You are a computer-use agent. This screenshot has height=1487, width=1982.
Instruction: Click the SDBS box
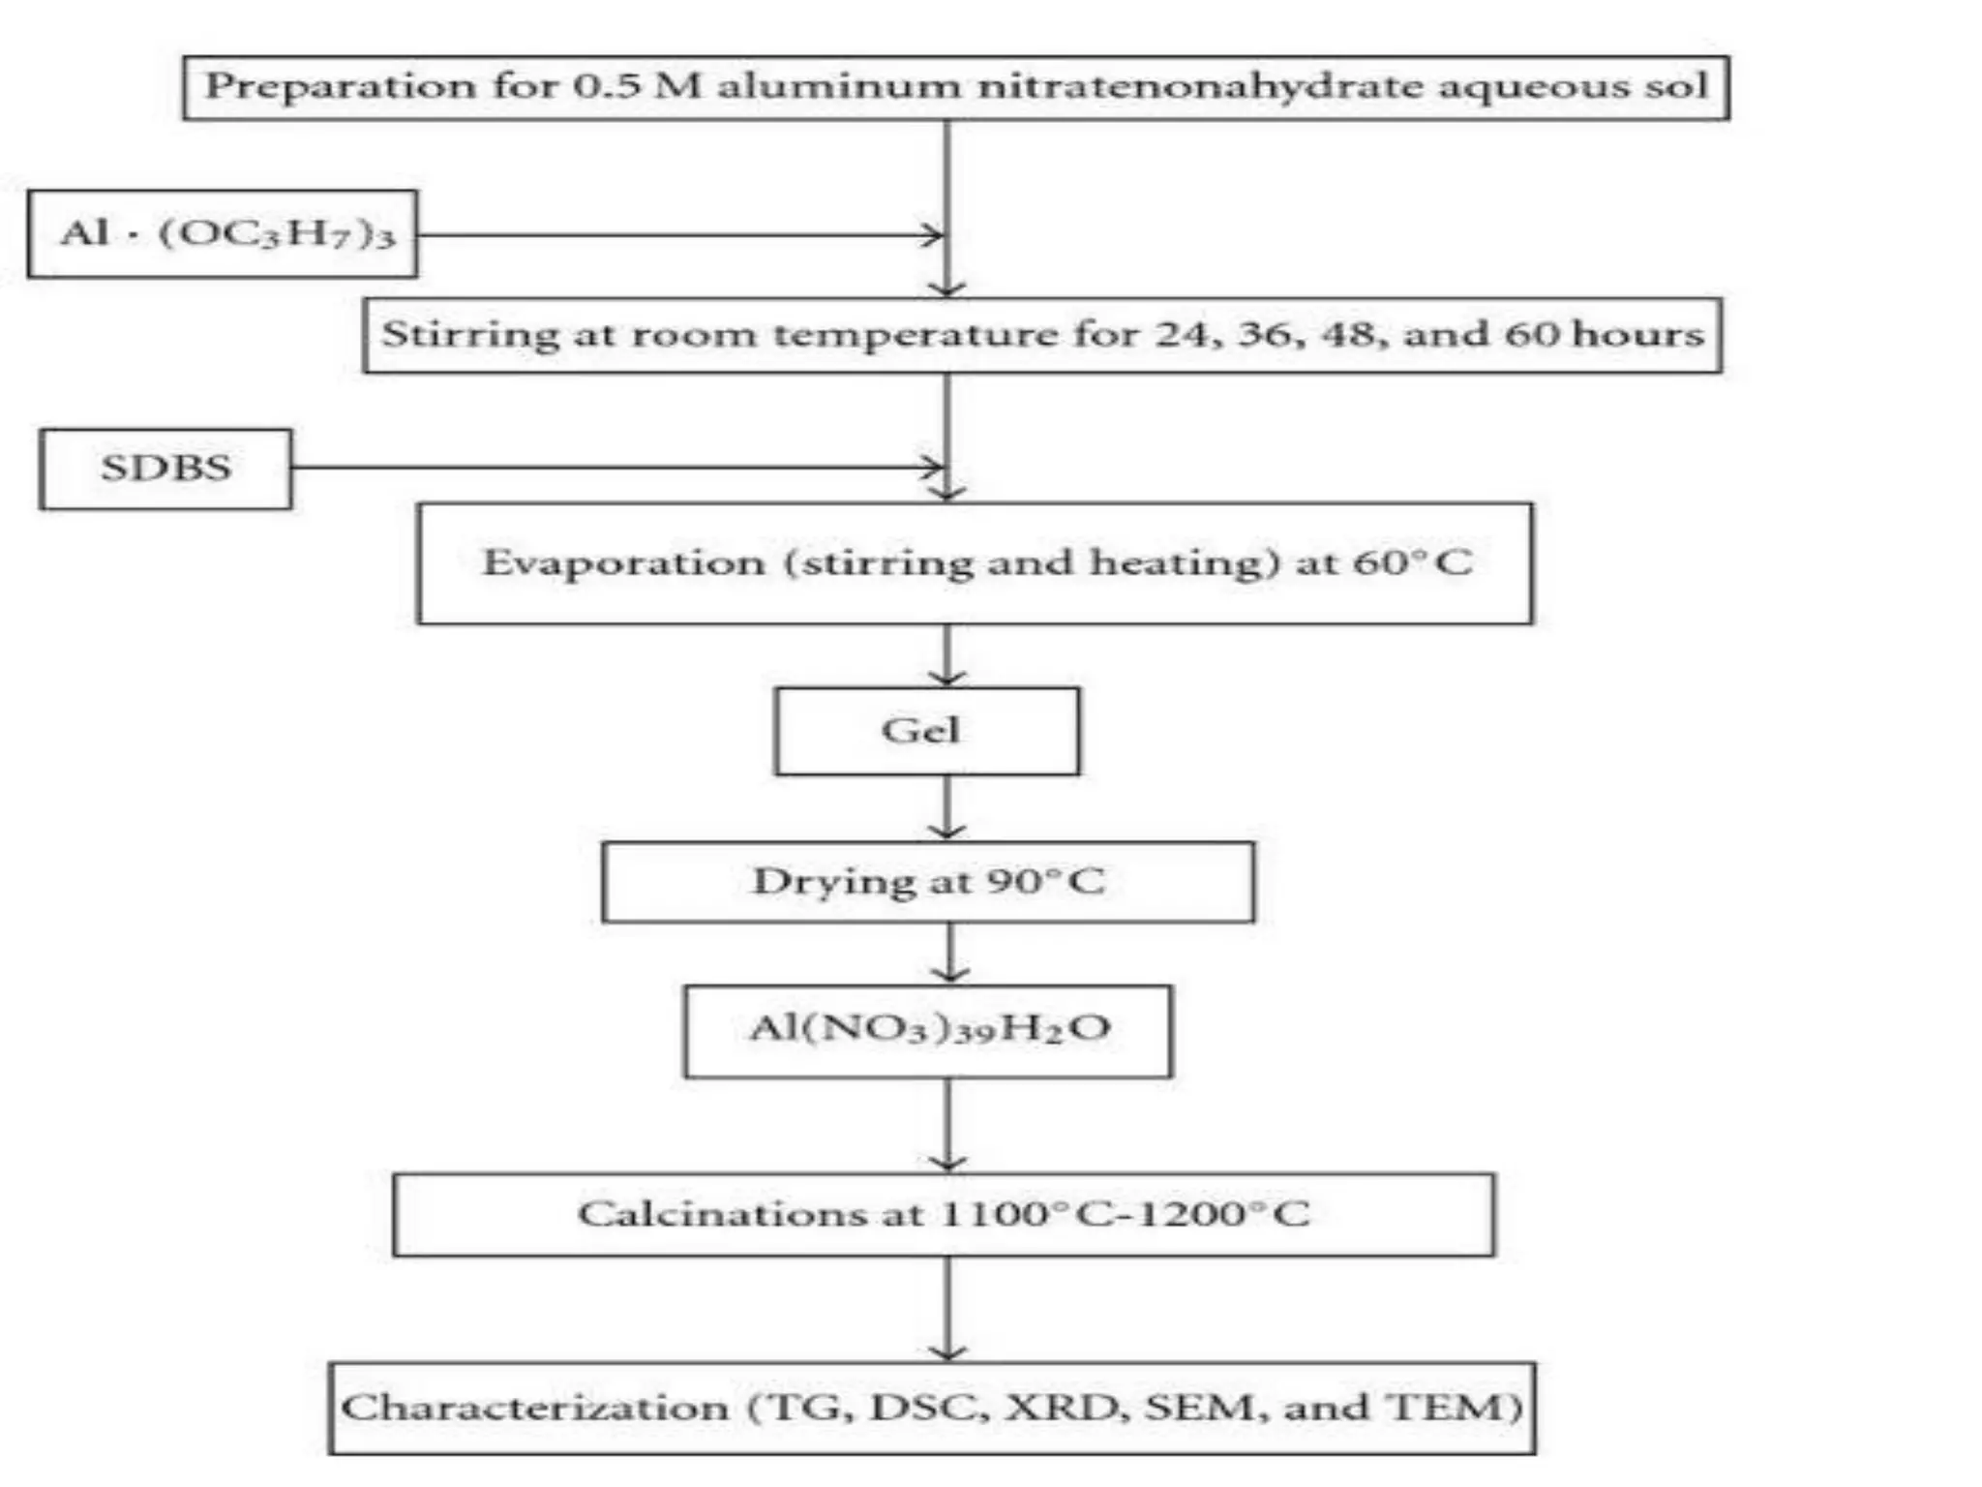pyautogui.click(x=165, y=469)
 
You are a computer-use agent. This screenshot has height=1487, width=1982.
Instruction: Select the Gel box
pyautogui.click(x=926, y=731)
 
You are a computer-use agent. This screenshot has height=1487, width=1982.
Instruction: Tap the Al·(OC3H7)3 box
pyautogui.click(x=223, y=234)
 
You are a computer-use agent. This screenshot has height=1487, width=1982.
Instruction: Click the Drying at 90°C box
pyautogui.click(x=928, y=882)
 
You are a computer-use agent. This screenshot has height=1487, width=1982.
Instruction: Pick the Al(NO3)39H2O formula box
pyautogui.click(x=928, y=1031)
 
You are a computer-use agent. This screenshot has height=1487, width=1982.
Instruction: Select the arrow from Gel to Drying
pyautogui.click(x=946, y=808)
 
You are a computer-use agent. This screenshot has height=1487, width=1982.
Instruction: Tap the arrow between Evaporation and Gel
pyautogui.click(x=946, y=655)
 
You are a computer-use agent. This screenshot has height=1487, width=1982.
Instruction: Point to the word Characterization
pyautogui.click(x=535, y=1408)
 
